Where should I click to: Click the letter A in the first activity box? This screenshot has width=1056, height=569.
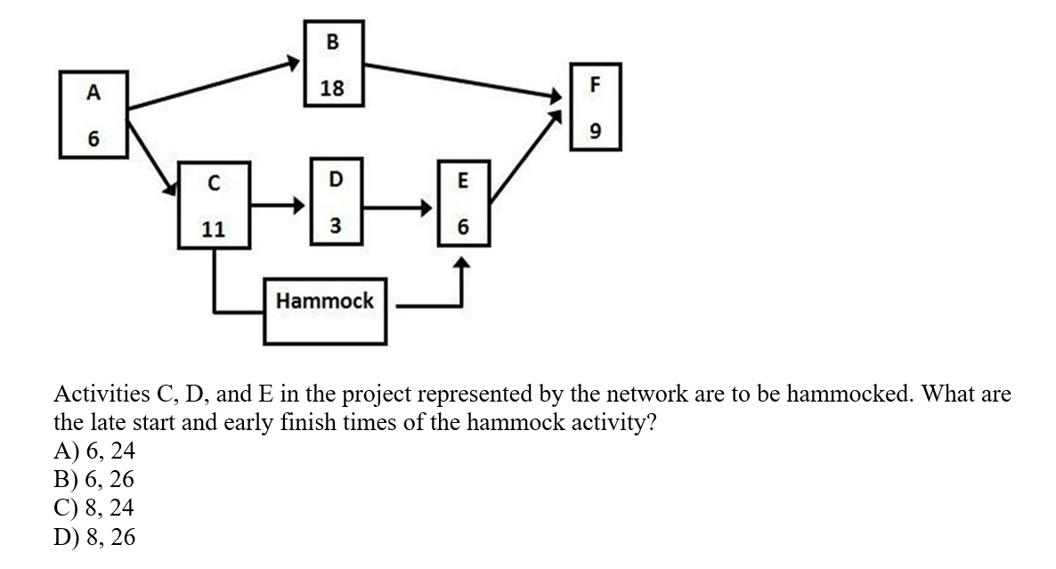point(93,91)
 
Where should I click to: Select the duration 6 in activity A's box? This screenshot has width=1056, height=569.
point(93,140)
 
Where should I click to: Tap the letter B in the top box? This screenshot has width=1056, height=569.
point(333,41)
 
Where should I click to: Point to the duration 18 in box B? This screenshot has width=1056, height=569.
point(333,87)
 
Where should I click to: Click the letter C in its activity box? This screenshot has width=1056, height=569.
point(213,183)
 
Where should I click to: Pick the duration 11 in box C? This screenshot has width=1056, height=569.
point(213,229)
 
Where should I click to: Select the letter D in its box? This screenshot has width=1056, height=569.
point(335,179)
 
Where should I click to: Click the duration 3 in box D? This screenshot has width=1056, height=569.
point(335,226)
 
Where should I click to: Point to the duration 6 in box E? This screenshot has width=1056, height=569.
point(462,228)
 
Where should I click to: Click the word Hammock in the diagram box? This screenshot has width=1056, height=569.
point(325,301)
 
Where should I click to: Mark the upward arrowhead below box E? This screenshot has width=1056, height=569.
point(461,264)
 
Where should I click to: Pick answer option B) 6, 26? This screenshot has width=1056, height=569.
point(94,480)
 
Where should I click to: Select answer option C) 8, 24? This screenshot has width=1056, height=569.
point(94,508)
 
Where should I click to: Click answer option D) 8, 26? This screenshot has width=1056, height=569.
point(94,537)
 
